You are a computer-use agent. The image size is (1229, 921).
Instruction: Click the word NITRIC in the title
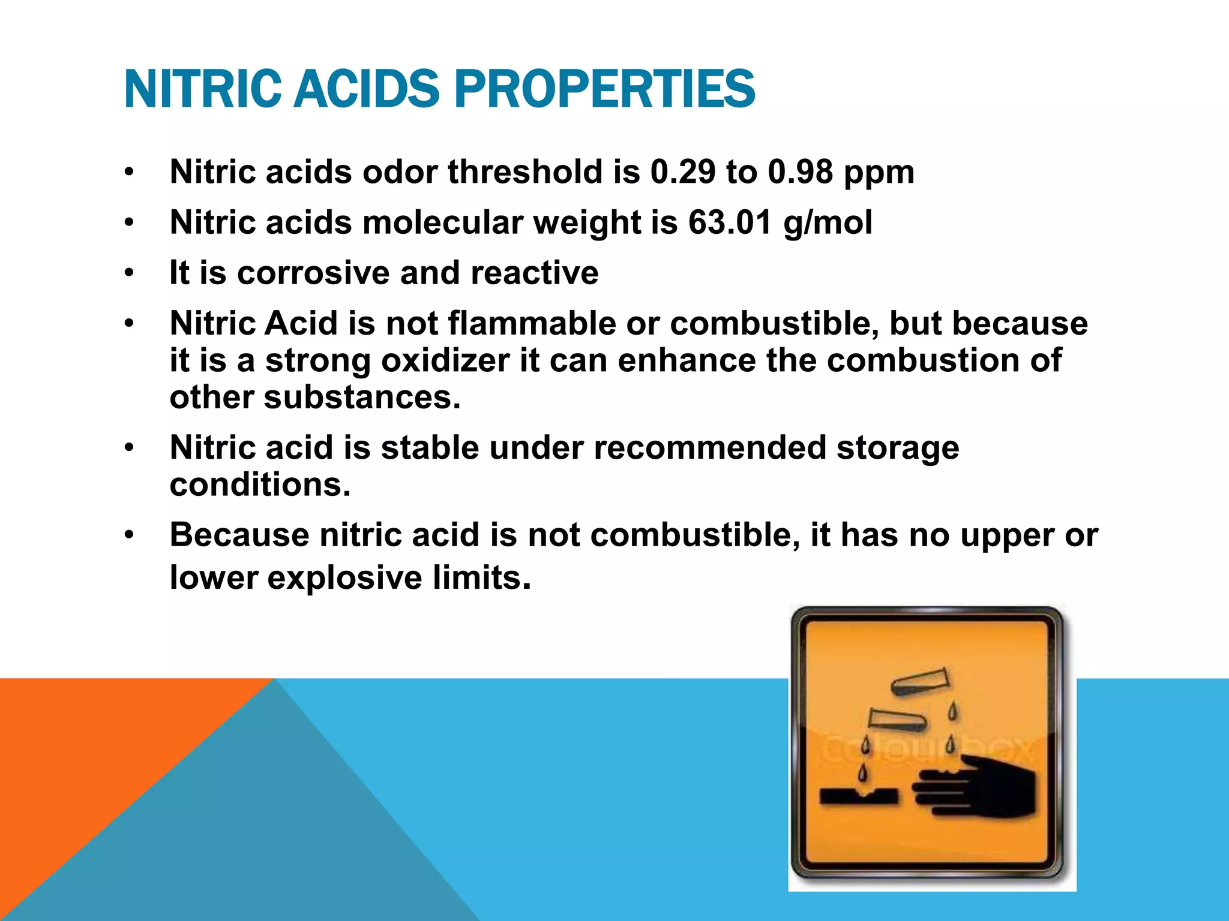(202, 89)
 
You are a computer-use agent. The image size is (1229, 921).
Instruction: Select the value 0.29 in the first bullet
(683, 172)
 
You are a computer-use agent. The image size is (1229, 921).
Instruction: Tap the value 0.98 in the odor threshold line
(801, 172)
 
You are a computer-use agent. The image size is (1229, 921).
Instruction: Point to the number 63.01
(730, 222)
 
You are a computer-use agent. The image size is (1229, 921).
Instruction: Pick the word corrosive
(313, 273)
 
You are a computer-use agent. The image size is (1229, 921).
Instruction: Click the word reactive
(534, 273)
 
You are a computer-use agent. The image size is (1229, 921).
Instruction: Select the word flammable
(532, 323)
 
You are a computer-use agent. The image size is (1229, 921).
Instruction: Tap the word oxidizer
(445, 360)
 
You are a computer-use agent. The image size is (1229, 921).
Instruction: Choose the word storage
(898, 448)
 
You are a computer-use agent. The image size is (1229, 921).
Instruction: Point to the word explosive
(344, 577)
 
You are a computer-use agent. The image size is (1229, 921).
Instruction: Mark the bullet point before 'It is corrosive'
(129, 273)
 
